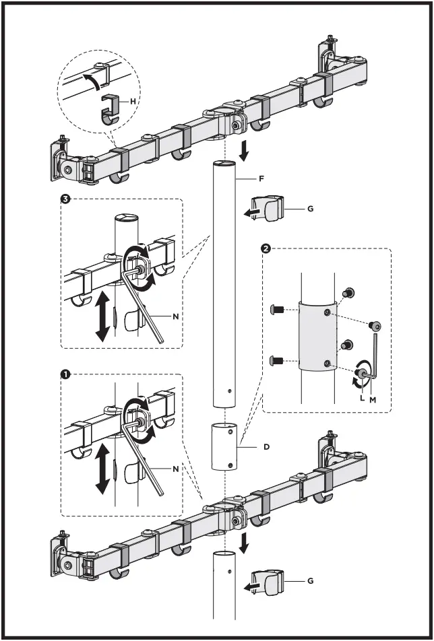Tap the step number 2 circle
point(266,248)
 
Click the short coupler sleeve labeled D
point(225,446)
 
